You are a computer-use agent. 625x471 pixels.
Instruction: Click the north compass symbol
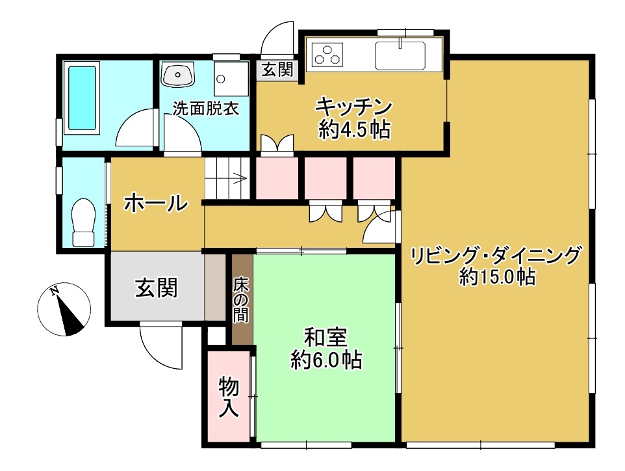pos(64,309)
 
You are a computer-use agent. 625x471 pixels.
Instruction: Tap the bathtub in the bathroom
pos(82,98)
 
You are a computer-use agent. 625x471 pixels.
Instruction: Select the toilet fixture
pos(83,222)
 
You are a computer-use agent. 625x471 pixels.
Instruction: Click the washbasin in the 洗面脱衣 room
pos(178,74)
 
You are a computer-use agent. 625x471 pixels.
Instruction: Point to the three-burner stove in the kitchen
pos(327,55)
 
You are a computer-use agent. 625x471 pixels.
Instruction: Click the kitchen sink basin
pos(400,55)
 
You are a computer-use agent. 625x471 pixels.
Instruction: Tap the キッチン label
pos(354,107)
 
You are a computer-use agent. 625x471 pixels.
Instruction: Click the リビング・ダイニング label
pos(496,256)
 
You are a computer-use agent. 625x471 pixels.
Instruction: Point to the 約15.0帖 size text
pos(496,276)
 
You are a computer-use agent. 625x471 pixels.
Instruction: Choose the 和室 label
pos(325,338)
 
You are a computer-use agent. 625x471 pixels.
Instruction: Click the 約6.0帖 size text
pos(326,360)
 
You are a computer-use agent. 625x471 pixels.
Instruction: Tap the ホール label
pos(156,203)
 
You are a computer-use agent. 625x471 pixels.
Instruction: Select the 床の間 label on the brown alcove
pos(241,299)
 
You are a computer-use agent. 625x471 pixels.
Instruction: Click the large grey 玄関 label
pos(156,288)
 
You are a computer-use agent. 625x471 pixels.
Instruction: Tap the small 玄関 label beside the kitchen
pos(278,70)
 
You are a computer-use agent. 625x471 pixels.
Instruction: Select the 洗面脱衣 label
pos(206,108)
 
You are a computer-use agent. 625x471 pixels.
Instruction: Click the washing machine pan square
pos(231,79)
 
